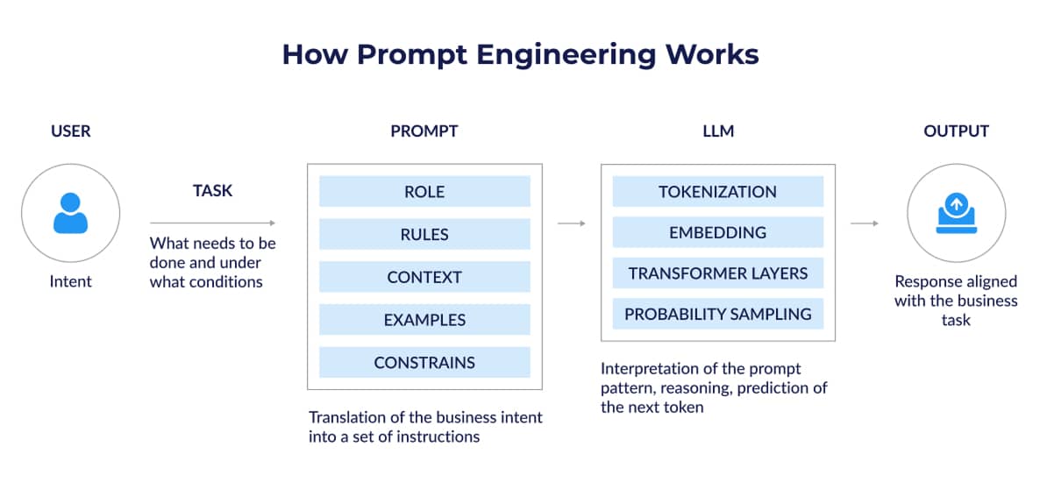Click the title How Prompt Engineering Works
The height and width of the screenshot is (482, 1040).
[x=520, y=54]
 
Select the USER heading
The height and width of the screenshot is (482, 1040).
[x=70, y=131]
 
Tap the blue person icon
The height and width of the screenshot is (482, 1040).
[x=70, y=213]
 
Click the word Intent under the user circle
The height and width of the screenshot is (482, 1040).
[x=70, y=282]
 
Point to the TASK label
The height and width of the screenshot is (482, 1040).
[x=212, y=190]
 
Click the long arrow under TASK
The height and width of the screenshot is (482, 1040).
[x=212, y=223]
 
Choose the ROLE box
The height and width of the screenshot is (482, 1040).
[x=424, y=192]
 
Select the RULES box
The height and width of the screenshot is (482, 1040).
[x=424, y=234]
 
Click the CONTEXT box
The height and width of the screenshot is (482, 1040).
[x=424, y=277]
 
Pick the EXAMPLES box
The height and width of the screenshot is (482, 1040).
[x=424, y=320]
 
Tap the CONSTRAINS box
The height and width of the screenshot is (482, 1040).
[x=424, y=362]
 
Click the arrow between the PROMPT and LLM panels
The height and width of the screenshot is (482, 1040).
[x=571, y=223]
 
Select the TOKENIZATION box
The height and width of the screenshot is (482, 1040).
[x=717, y=192]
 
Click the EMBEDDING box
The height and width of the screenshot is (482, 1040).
[x=717, y=232]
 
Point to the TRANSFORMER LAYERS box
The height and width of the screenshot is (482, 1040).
[x=717, y=273]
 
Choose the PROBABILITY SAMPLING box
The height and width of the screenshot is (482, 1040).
[x=717, y=314]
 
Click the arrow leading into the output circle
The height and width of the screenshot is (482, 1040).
[x=865, y=223]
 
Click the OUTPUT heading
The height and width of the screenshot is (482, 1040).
[x=956, y=131]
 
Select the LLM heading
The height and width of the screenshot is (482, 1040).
[x=717, y=131]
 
